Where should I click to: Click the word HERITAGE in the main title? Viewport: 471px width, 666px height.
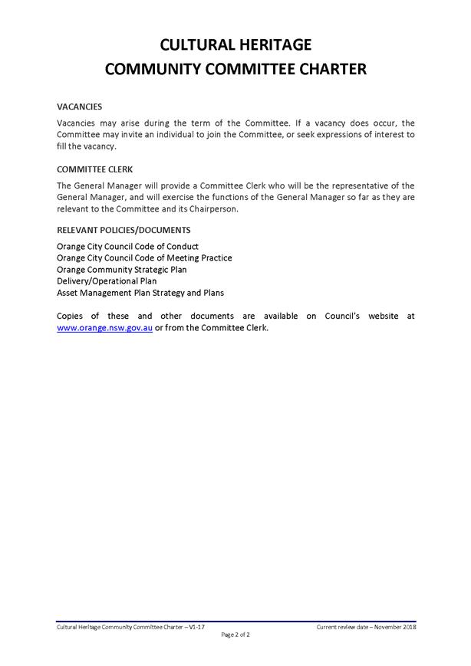[272, 44]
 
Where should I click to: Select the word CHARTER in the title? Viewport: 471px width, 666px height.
[331, 70]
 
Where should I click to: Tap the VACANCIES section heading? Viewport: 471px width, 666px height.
[79, 107]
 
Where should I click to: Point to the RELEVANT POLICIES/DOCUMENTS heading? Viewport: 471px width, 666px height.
[124, 230]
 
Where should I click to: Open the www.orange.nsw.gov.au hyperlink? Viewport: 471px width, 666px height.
[105, 327]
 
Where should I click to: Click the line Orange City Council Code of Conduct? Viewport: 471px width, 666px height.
[127, 247]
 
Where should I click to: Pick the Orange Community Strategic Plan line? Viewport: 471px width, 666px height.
[121, 270]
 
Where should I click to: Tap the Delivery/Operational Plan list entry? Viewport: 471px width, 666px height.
[107, 281]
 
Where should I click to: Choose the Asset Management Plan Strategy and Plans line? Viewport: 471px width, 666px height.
[140, 293]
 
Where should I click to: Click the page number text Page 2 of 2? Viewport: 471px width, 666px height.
[235, 635]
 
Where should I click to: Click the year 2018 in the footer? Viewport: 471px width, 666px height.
[407, 626]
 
